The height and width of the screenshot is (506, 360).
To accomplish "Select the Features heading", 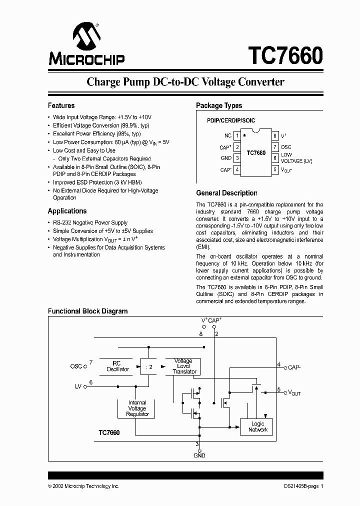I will click(x=61, y=105).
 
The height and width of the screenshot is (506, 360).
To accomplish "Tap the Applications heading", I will click(x=67, y=211).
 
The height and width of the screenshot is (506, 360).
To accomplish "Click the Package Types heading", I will click(x=219, y=105).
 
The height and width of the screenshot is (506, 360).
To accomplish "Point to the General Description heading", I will click(x=226, y=193).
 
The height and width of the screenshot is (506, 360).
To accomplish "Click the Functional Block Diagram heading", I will click(x=87, y=311).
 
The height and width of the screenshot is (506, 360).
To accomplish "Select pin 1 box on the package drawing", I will click(x=237, y=135).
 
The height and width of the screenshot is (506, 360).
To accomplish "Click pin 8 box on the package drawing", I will click(x=274, y=135).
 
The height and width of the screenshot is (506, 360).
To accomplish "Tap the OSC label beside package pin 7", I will click(x=286, y=147).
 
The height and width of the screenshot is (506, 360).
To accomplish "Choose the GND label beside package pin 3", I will click(x=226, y=158).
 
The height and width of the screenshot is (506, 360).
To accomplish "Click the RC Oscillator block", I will click(x=117, y=366).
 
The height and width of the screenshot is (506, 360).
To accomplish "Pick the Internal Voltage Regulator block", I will click(x=137, y=408).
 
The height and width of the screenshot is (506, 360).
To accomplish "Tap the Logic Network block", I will click(x=258, y=426).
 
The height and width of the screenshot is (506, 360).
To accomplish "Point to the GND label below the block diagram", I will click(x=199, y=455).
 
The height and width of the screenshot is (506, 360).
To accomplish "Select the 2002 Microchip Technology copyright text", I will click(x=83, y=486).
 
